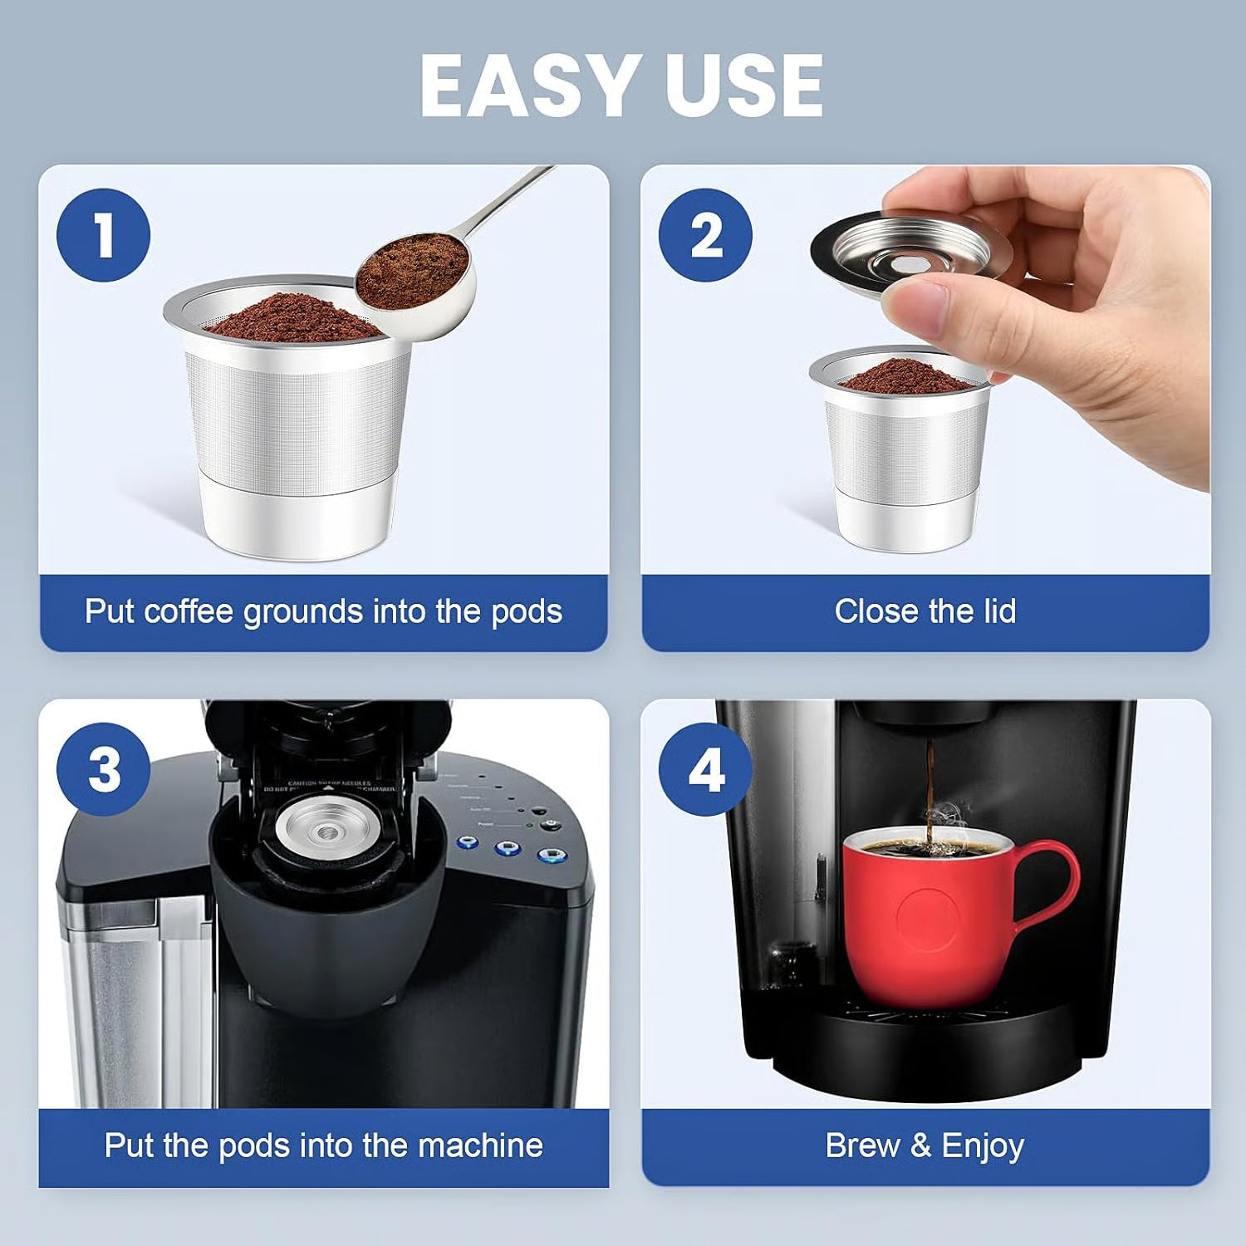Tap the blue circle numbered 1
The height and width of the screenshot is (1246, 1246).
coord(103,235)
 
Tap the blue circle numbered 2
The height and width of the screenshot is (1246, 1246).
coord(705,235)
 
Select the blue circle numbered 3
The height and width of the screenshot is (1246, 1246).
coord(103,769)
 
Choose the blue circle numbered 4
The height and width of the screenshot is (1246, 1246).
coord(705,769)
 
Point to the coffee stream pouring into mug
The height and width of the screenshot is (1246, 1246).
coord(931,781)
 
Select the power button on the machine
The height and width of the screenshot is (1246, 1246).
coord(550,825)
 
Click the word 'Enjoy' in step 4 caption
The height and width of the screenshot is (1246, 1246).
coord(983,1145)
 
